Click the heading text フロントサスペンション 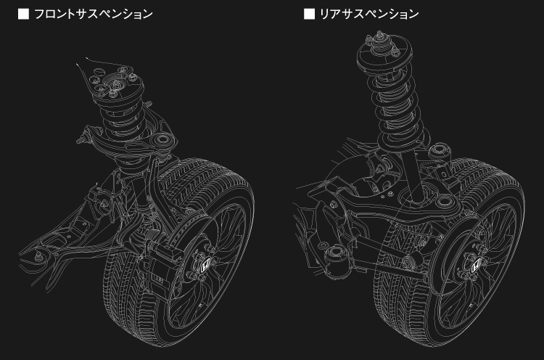[94, 15]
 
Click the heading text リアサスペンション [369, 15]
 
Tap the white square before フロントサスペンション [24, 15]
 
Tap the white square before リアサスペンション [309, 15]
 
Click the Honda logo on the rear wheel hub [475, 266]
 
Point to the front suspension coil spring [121, 118]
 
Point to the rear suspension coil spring [395, 111]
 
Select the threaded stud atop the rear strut [379, 34]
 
